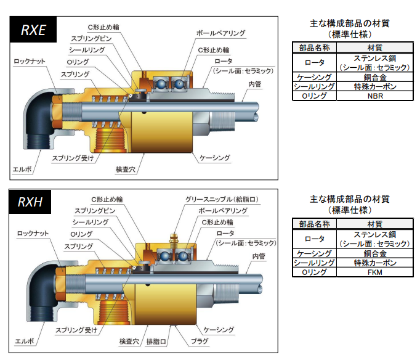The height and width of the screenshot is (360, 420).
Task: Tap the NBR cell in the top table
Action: (374, 96)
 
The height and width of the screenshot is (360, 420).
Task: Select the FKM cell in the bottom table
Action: (374, 272)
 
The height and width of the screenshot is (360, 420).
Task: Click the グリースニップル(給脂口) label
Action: (220, 199)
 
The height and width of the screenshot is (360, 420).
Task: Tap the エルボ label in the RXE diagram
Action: (22, 168)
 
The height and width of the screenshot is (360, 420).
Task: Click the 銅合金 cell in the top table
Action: (374, 78)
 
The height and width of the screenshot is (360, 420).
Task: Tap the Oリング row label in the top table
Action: (314, 96)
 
